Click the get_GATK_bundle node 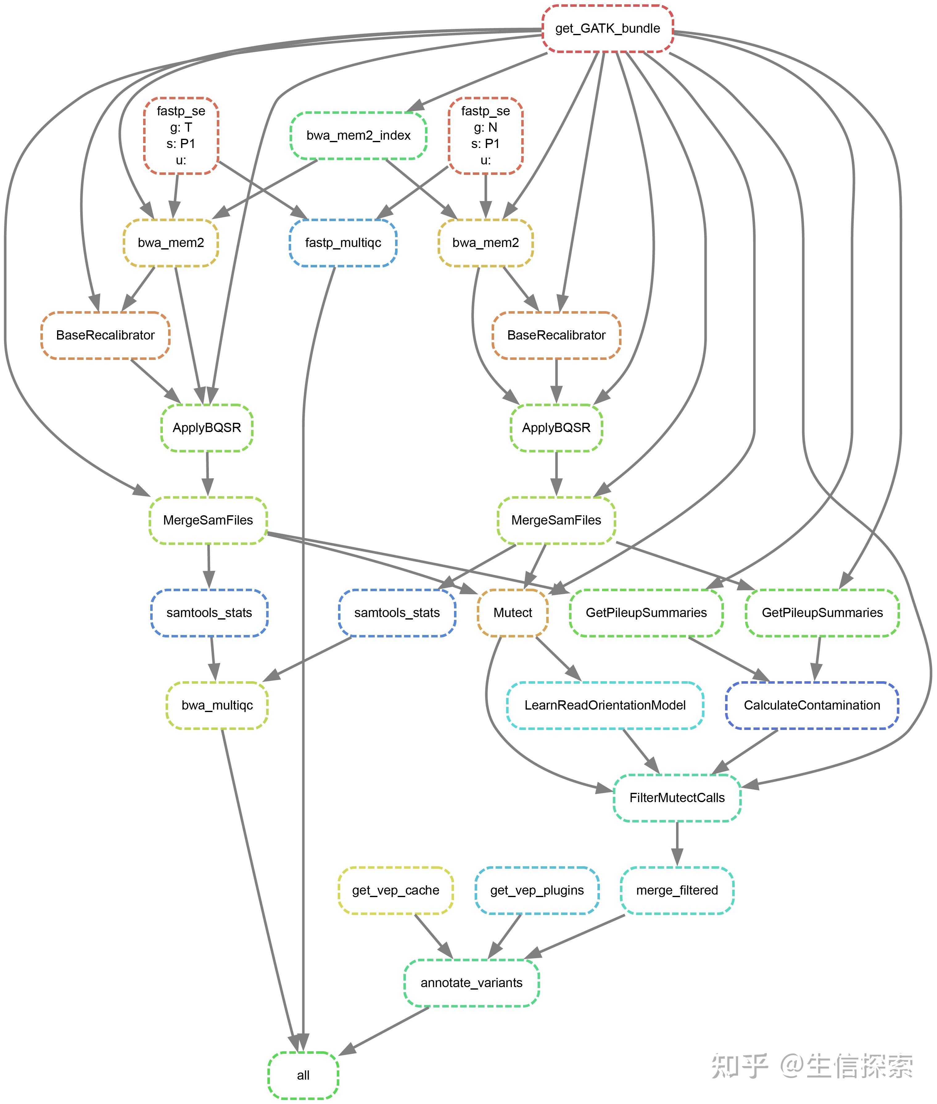pyautogui.click(x=608, y=29)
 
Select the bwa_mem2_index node pyautogui.click(x=358, y=135)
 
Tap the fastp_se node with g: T pyautogui.click(x=181, y=135)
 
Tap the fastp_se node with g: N pyautogui.click(x=485, y=135)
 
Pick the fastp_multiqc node pyautogui.click(x=343, y=243)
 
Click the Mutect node pyautogui.click(x=513, y=613)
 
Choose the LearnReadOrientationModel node pyautogui.click(x=605, y=705)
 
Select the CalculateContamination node pyautogui.click(x=812, y=705)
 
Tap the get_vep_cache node pyautogui.click(x=396, y=890)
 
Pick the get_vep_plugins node pyautogui.click(x=537, y=890)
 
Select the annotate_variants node pyautogui.click(x=471, y=982)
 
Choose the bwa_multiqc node pyautogui.click(x=217, y=705)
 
